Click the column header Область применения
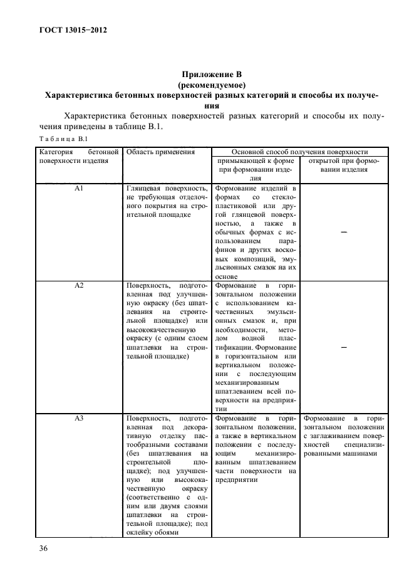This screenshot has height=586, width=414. [x=161, y=152]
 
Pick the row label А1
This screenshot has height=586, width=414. [x=79, y=188]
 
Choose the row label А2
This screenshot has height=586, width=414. [x=79, y=286]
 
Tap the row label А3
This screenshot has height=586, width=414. [x=79, y=418]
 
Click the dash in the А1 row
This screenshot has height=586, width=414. [x=343, y=232]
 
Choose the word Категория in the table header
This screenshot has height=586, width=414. [x=56, y=152]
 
